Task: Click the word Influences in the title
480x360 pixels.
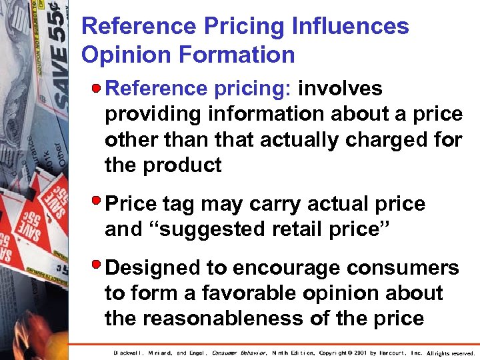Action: click(x=351, y=26)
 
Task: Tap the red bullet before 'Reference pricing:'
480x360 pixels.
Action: click(x=97, y=88)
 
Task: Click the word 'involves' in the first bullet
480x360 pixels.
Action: click(x=341, y=89)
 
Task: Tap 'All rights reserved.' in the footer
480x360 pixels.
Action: click(x=451, y=353)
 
